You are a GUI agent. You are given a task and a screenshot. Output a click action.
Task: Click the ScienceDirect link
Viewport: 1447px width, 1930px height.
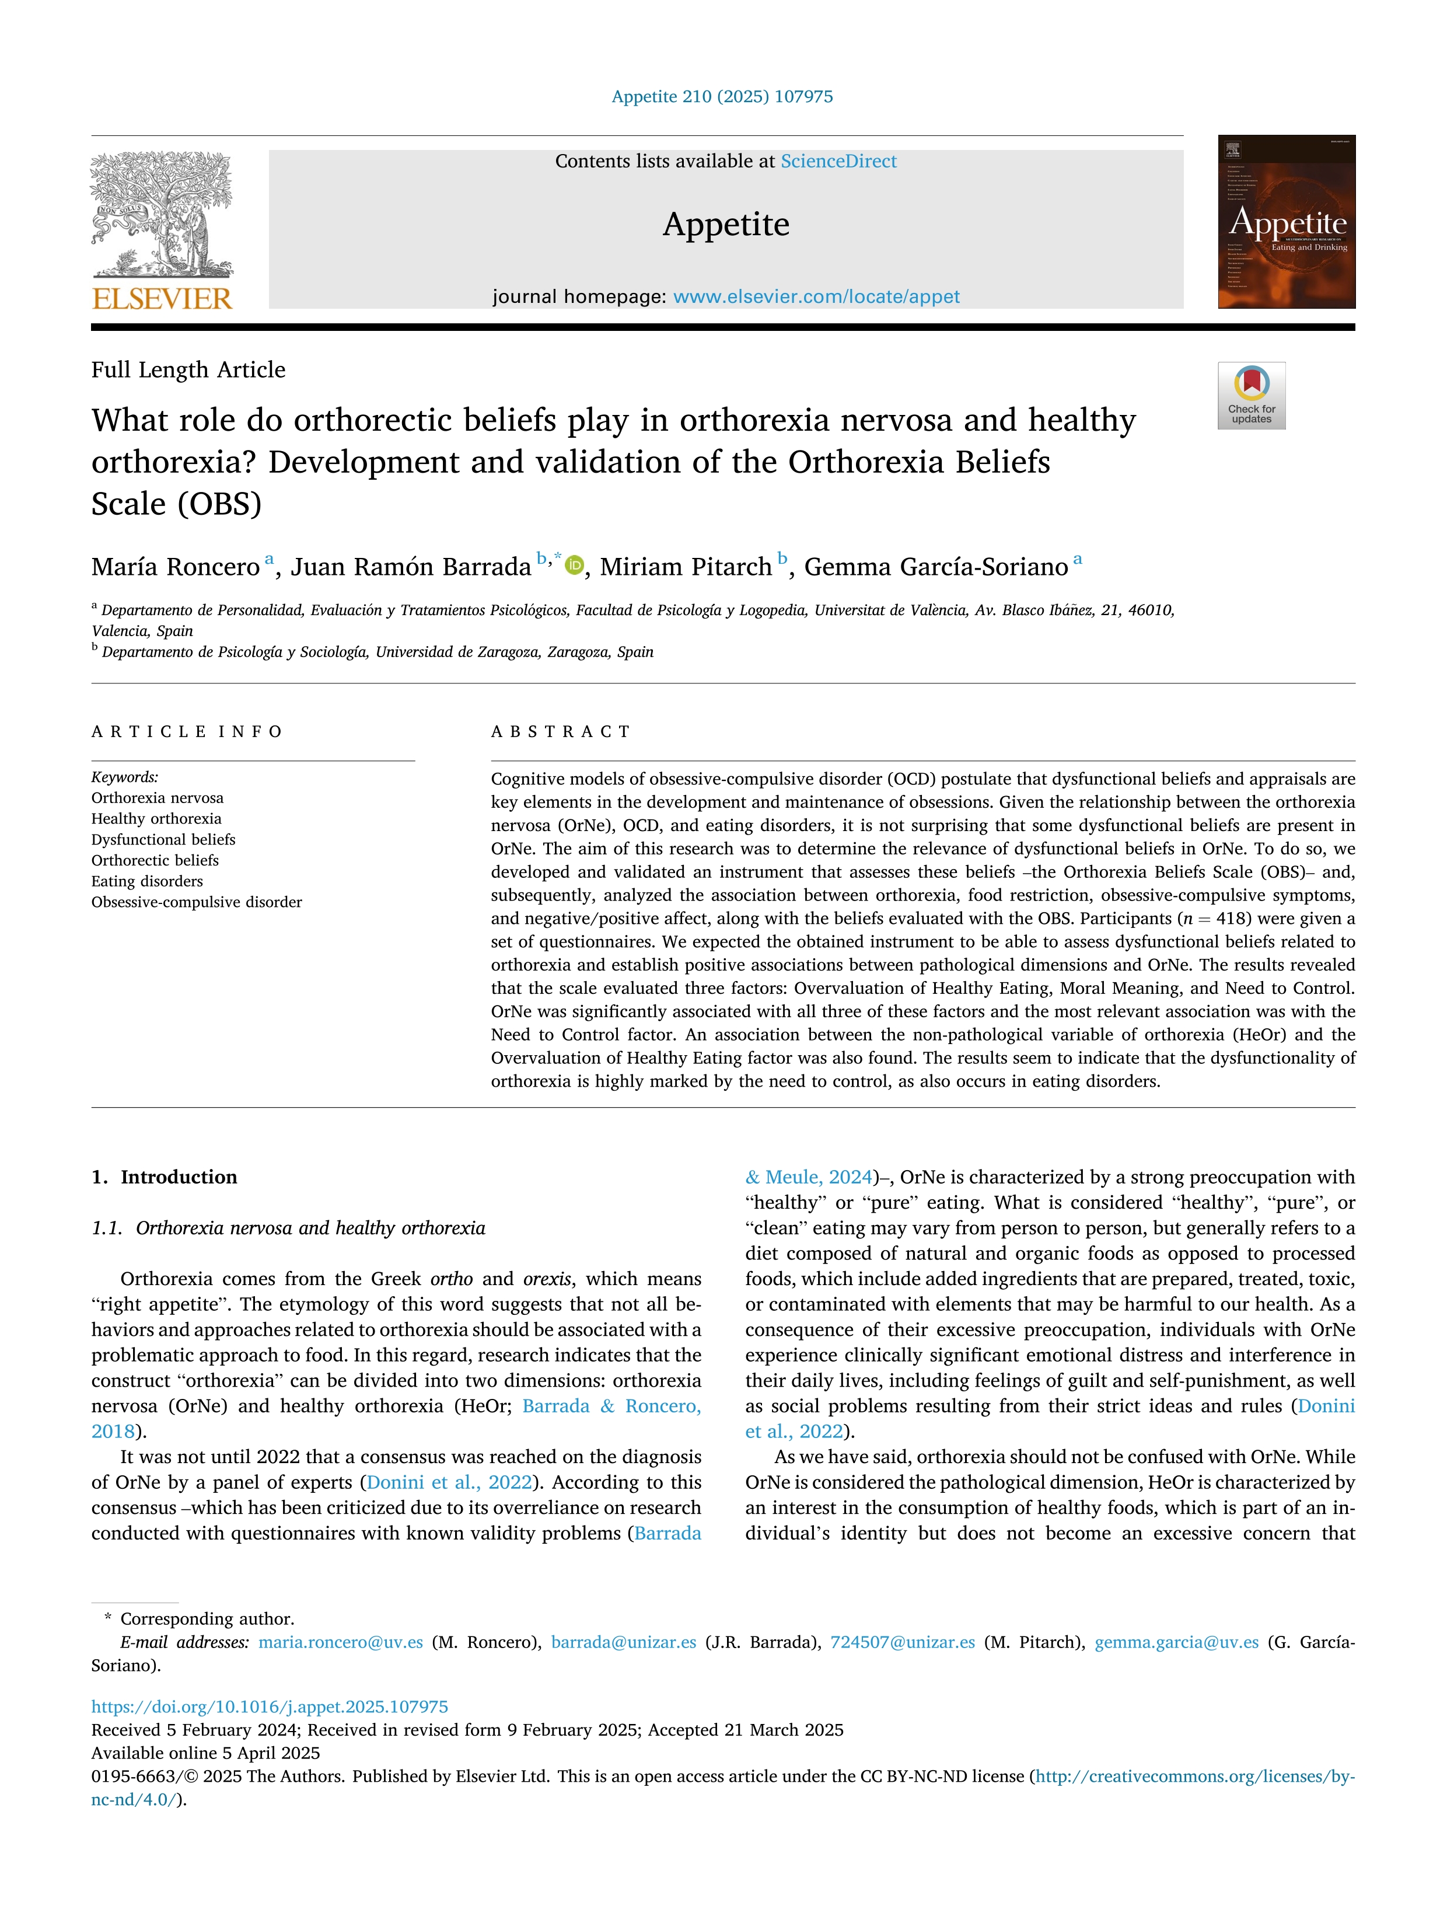(838, 162)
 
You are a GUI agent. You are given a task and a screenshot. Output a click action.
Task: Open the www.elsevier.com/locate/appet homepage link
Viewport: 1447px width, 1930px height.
(816, 296)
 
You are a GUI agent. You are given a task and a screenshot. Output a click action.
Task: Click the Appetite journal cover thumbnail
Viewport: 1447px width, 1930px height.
(1287, 222)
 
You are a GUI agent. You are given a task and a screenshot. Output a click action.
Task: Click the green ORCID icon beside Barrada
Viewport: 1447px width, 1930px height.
(574, 566)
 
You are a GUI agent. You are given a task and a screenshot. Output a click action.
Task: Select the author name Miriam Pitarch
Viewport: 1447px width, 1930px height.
(686, 567)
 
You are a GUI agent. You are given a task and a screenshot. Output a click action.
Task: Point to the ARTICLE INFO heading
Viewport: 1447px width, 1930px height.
(187, 731)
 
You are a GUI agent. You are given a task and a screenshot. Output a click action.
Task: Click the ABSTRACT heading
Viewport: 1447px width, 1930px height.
(561, 731)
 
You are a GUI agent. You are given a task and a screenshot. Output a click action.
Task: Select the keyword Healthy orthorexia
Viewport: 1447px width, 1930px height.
(156, 818)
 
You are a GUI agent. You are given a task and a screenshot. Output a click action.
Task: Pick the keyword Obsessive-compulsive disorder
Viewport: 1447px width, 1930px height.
(196, 902)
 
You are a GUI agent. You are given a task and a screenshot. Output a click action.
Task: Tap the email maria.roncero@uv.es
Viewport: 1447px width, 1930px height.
(340, 1642)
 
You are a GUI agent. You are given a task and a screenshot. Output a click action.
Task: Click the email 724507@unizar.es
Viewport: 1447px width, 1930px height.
(902, 1642)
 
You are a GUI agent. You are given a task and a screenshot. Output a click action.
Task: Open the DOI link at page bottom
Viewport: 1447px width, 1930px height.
(270, 1706)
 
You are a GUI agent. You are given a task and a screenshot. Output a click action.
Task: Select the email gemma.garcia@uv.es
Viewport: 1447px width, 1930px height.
(1177, 1642)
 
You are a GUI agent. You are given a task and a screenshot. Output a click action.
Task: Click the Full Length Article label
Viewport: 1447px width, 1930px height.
(188, 370)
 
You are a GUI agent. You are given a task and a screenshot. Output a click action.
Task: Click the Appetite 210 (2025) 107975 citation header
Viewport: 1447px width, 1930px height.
(722, 97)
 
